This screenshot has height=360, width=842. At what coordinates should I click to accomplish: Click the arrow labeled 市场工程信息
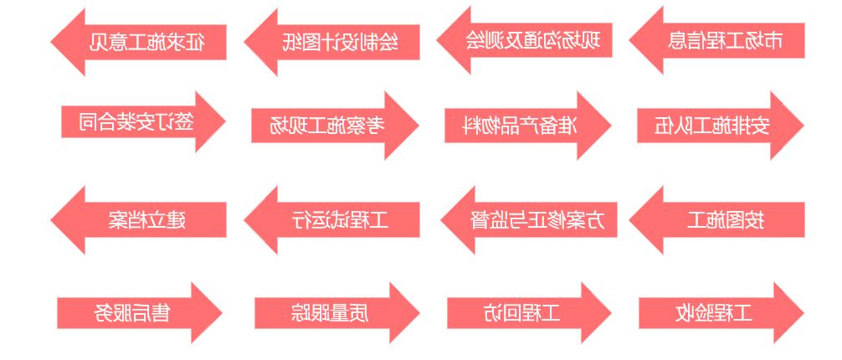pos(725,40)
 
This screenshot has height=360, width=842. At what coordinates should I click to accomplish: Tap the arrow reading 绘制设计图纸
pos(340,42)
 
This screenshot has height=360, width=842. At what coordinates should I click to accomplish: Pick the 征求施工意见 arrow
pos(147,42)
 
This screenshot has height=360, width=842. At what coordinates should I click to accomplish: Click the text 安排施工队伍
pos(712,126)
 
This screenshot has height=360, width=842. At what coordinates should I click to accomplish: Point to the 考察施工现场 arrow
pos(327,126)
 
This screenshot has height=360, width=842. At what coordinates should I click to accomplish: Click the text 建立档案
pos(147,220)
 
